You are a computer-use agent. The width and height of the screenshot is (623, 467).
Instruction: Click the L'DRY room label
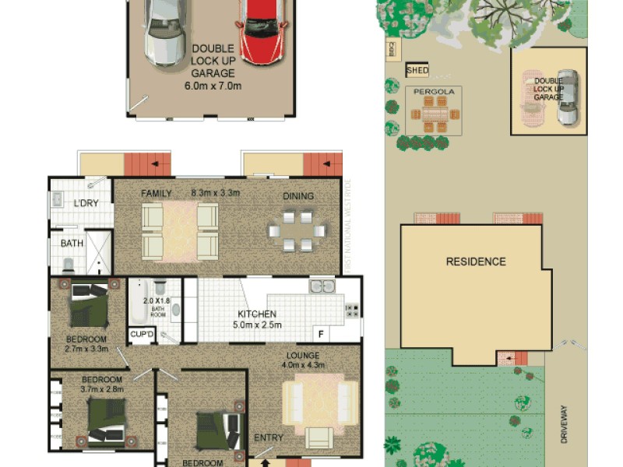click(x=86, y=203)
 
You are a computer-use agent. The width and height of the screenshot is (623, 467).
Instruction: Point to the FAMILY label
click(x=156, y=193)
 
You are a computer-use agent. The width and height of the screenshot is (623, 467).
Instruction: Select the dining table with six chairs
click(x=296, y=231)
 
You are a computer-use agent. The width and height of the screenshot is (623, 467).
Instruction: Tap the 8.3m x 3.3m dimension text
click(x=215, y=193)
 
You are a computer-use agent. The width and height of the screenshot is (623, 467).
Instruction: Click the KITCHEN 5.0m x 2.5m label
click(x=259, y=320)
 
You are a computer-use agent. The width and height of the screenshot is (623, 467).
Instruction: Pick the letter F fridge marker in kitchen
click(x=319, y=334)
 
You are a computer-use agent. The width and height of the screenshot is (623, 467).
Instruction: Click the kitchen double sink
click(x=322, y=286)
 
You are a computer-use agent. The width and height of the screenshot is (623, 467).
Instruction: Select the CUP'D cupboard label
click(x=142, y=335)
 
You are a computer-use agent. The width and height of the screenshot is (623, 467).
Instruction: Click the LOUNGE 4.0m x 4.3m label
click(x=303, y=360)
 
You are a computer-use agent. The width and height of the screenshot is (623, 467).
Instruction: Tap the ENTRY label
click(x=269, y=438)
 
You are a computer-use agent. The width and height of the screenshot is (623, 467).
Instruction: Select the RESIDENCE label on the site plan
click(x=475, y=262)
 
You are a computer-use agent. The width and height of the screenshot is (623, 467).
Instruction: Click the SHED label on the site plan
click(x=417, y=71)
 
